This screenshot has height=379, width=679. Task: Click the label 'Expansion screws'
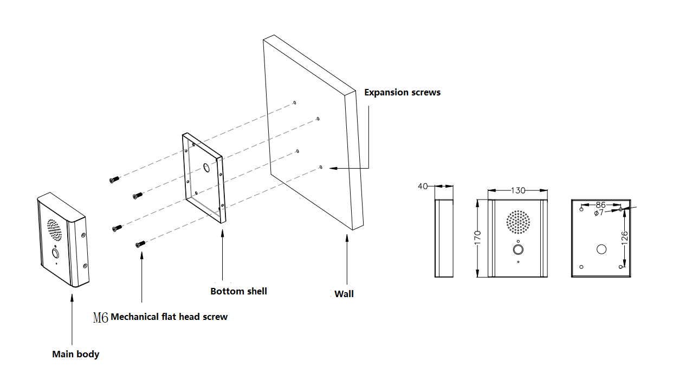tap(402, 92)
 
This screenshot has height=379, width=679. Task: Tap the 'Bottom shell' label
tap(238, 291)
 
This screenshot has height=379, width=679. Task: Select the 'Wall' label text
tap(344, 294)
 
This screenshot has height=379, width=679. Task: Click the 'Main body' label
tap(75, 354)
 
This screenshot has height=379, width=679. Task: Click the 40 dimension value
tap(423, 187)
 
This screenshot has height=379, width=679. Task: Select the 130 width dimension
tap(518, 190)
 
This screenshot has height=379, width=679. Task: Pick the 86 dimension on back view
tap(600, 205)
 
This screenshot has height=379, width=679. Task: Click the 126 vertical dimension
tap(624, 237)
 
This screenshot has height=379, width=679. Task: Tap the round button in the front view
tap(518, 250)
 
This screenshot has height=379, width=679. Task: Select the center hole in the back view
tap(601, 249)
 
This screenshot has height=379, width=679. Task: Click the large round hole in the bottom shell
tap(206, 168)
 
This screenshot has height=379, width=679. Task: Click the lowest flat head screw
tap(139, 245)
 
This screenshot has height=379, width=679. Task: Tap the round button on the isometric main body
tap(55, 253)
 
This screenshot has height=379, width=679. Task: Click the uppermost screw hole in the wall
tap(294, 102)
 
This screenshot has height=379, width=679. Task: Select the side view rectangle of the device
tap(444, 238)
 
